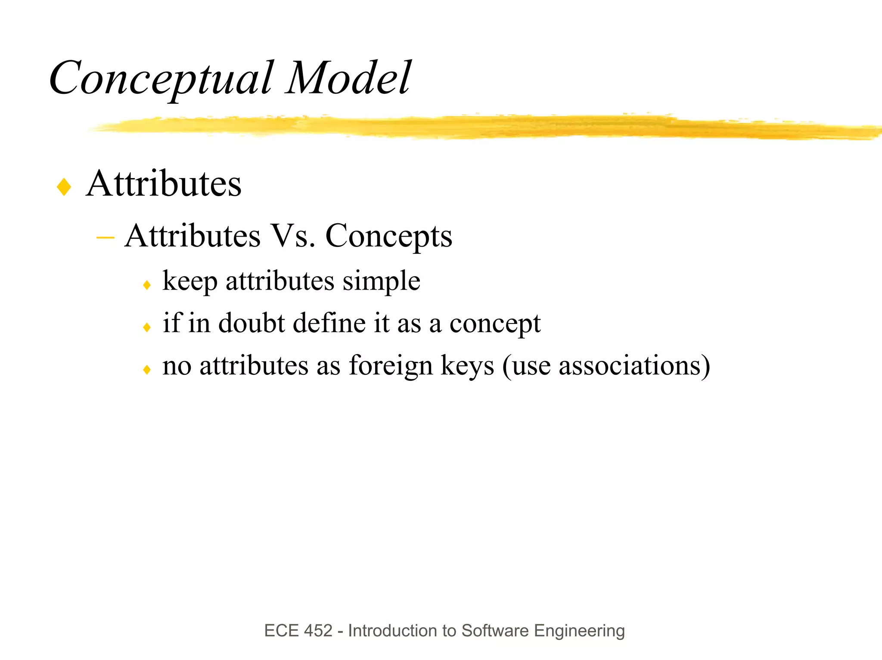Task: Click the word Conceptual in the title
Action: click(x=161, y=79)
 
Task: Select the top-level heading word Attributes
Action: click(x=164, y=184)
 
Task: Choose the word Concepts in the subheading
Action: click(x=388, y=237)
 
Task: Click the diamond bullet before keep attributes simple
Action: click(x=147, y=285)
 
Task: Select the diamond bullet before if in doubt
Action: click(x=147, y=327)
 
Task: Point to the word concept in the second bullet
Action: click(x=495, y=324)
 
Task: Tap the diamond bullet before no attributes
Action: click(x=147, y=370)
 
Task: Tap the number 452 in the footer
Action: click(x=318, y=631)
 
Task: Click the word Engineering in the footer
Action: click(x=579, y=631)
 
